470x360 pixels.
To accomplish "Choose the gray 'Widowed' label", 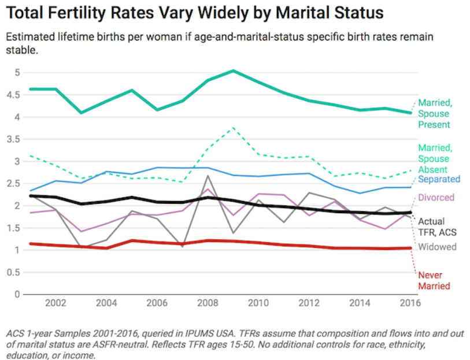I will [x=438, y=247].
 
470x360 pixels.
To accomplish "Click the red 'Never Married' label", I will [x=434, y=280].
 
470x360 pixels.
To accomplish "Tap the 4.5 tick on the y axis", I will [x=12, y=95].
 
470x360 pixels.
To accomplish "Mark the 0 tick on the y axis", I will [x=17, y=295].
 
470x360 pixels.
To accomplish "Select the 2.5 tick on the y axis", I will [x=12, y=184].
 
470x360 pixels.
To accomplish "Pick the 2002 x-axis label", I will [x=55, y=303].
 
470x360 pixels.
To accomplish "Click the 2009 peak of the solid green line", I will [x=232, y=70].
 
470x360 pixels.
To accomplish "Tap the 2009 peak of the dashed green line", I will [x=232, y=127].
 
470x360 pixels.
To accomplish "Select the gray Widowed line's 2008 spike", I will [x=207, y=176].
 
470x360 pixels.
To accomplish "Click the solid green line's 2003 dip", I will [x=81, y=112].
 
